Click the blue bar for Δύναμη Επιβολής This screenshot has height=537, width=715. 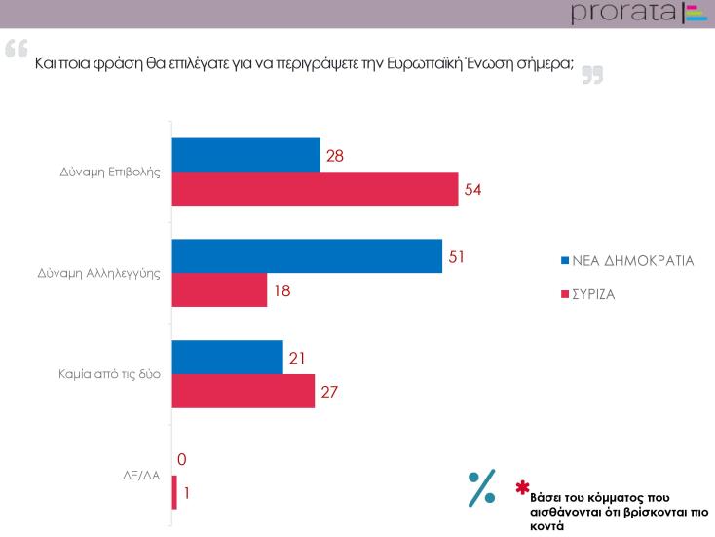(245, 155)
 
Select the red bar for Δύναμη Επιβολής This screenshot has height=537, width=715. (315, 189)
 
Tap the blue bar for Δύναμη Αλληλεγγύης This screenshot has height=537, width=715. (307, 256)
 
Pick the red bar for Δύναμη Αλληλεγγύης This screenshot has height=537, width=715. (219, 290)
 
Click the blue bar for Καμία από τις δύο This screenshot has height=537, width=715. (227, 358)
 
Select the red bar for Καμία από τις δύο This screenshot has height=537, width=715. (243, 392)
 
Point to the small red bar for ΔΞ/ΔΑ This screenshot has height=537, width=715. (174, 493)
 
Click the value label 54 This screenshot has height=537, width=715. (473, 189)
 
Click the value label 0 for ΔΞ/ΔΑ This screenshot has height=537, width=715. (181, 459)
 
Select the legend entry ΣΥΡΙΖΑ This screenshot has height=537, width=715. (599, 291)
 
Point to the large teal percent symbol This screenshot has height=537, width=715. (481, 488)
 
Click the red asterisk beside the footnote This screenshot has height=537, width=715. (523, 486)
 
